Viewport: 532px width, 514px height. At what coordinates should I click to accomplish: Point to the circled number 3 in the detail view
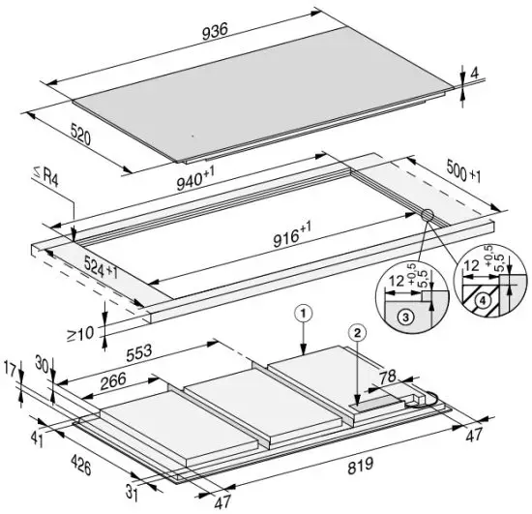pyautogui.click(x=407, y=316)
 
